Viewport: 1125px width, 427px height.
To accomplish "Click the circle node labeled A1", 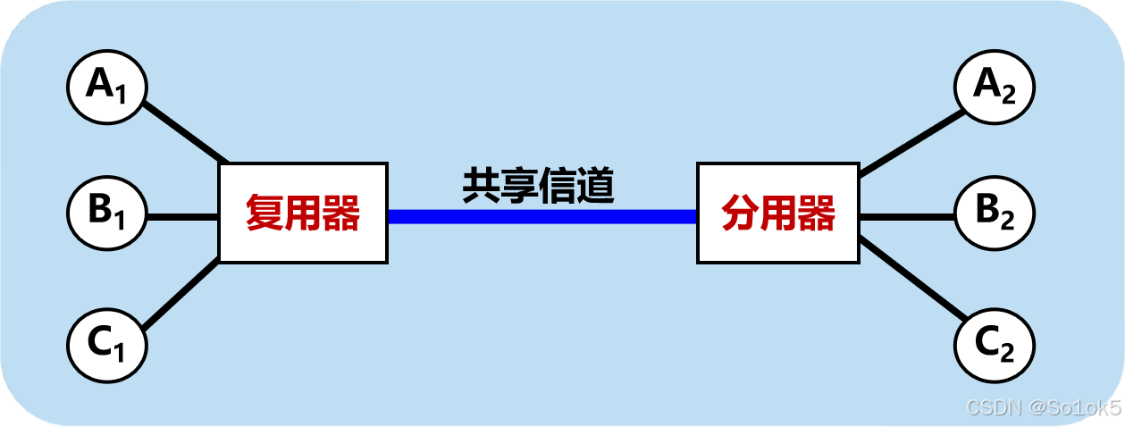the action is click(x=106, y=87).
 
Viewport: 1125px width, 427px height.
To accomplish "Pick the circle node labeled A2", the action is click(x=995, y=87).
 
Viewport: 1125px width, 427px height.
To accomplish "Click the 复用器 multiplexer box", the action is click(x=303, y=213).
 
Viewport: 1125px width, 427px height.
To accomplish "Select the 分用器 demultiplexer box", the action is click(x=777, y=213).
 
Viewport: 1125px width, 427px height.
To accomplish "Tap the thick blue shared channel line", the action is click(x=542, y=215).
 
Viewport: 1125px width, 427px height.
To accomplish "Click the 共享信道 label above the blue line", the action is click(x=538, y=185).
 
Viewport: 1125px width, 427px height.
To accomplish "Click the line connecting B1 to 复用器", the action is click(x=182, y=216).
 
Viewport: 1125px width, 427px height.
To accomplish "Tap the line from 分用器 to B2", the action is click(x=906, y=216).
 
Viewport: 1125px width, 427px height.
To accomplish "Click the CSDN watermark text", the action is click(x=1042, y=407).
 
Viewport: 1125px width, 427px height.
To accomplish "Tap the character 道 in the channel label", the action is click(x=595, y=185).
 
